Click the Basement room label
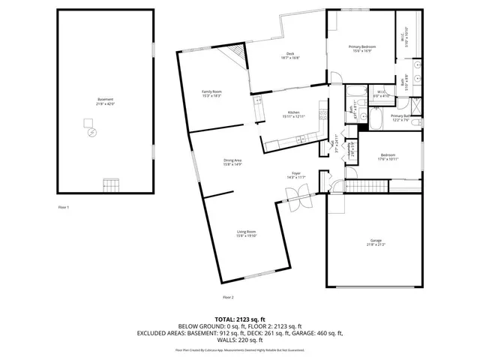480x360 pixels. pyautogui.click(x=105, y=99)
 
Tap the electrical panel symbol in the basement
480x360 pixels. pyautogui.click(x=92, y=132)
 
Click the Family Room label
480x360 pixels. pyautogui.click(x=211, y=91)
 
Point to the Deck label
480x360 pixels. pyautogui.click(x=289, y=53)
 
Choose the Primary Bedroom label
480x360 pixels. pyautogui.click(x=361, y=47)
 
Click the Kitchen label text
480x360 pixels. pyautogui.click(x=291, y=113)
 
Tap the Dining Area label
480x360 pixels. pyautogui.click(x=232, y=160)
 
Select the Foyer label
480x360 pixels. pyautogui.click(x=296, y=173)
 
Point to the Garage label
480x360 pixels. pyautogui.click(x=374, y=241)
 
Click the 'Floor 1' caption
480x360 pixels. pyautogui.click(x=63, y=206)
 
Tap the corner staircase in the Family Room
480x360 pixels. pyautogui.click(x=238, y=54)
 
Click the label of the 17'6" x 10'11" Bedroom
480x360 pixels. pyautogui.click(x=387, y=155)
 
